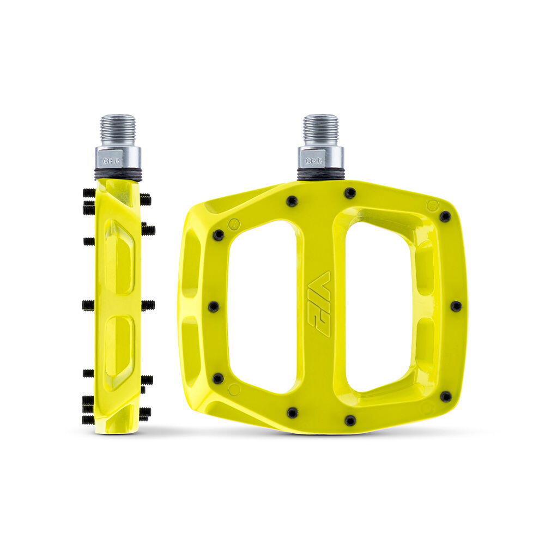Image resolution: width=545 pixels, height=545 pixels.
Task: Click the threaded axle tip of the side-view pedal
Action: pyautogui.click(x=118, y=129)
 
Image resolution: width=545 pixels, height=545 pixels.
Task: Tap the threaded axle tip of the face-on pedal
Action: pyautogui.click(x=320, y=129)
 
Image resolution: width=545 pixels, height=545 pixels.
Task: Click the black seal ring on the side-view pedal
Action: pyautogui.click(x=118, y=174)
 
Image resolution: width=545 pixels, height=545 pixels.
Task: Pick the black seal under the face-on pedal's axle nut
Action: pyautogui.click(x=321, y=174)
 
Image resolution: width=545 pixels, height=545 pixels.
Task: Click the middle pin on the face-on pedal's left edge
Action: pyautogui.click(x=213, y=307)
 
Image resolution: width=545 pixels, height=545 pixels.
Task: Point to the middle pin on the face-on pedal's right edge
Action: pyautogui.click(x=456, y=306)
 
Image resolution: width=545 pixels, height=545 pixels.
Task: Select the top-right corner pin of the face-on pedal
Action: pyautogui.click(x=445, y=216)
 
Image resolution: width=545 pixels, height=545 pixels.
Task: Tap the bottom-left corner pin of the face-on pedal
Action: pyautogui.click(x=218, y=378)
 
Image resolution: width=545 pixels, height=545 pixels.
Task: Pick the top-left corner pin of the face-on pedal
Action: pyautogui.click(x=218, y=235)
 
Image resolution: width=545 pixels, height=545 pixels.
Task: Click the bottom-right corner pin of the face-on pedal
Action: pyautogui.click(x=446, y=396)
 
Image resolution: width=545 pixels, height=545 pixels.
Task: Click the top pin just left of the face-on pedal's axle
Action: pyautogui.click(x=292, y=201)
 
